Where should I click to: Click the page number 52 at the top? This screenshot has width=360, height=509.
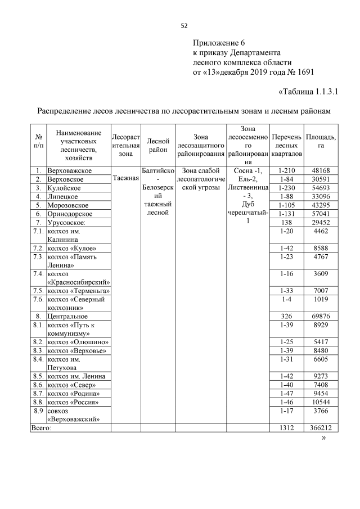(183, 25)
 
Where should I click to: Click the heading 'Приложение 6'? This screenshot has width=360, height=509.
(219, 43)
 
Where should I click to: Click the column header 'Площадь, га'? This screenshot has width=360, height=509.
(321, 141)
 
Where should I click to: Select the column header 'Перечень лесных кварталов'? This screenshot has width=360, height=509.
(286, 145)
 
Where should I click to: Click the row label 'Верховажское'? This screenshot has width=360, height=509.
(70, 170)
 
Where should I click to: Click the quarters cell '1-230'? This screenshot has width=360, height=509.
(286, 188)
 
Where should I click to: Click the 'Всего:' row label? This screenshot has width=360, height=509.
(42, 428)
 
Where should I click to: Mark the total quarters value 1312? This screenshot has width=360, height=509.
(286, 428)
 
